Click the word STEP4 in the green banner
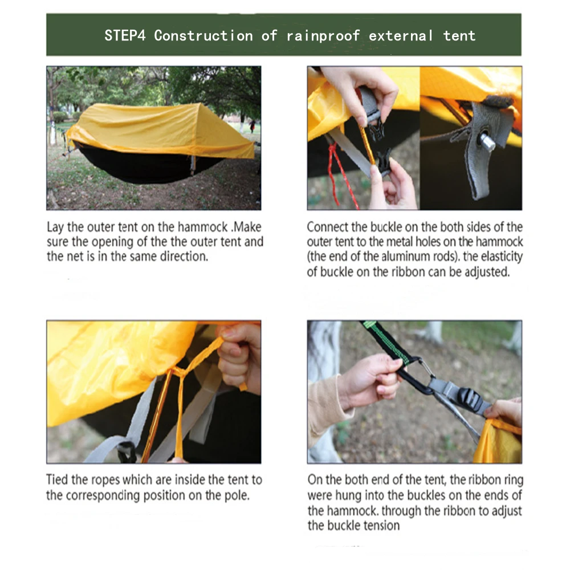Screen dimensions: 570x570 click(125, 35)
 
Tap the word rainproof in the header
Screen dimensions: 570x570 click(323, 36)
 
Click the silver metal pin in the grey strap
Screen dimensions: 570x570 click(487, 141)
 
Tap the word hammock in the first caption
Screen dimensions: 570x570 click(203, 227)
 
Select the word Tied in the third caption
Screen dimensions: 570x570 click(57, 479)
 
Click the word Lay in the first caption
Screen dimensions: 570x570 click(55, 227)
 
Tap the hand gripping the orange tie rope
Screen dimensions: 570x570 click(239, 358)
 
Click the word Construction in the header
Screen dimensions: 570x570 click(203, 35)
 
